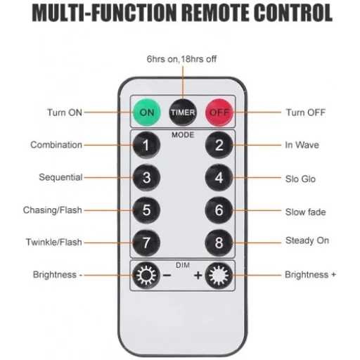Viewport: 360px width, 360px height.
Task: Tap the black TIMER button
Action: (183, 112)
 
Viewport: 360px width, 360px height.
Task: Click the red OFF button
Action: (219, 112)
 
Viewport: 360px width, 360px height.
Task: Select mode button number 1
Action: (146, 145)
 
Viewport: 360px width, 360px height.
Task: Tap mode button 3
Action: (146, 177)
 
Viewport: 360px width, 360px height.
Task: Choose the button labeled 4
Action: (219, 177)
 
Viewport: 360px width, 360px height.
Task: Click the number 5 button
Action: (146, 210)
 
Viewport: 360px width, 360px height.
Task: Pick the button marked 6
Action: (219, 210)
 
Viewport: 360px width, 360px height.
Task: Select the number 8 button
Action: (219, 243)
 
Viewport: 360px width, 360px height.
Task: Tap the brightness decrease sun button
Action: (146, 276)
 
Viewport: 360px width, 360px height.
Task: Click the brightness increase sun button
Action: (219, 276)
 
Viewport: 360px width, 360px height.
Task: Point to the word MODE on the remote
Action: (183, 135)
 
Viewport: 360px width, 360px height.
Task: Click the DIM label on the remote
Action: (183, 265)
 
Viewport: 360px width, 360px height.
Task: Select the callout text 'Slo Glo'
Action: (300, 179)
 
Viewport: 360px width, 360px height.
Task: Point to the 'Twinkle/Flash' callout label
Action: (54, 242)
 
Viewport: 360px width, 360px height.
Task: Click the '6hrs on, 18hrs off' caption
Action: (181, 59)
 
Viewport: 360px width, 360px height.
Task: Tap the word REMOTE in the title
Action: (215, 13)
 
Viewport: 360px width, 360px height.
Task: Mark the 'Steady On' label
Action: (307, 240)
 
